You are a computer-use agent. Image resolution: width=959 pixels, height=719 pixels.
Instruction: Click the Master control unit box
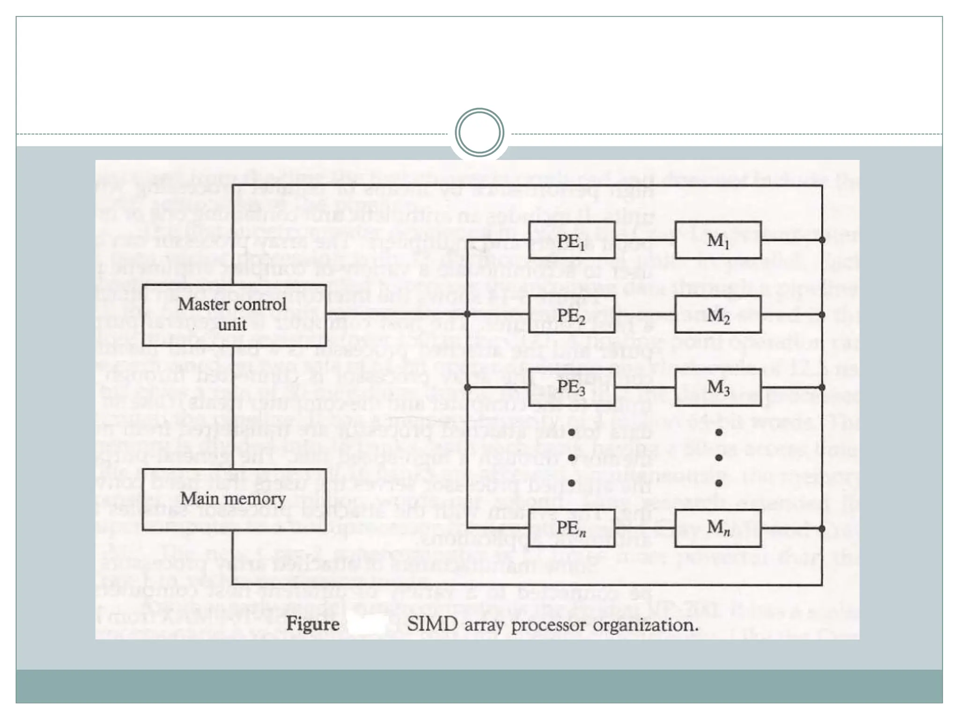point(234,315)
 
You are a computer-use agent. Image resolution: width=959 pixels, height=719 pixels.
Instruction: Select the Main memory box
point(234,499)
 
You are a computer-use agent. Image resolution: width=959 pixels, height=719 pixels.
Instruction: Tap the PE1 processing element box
point(571,240)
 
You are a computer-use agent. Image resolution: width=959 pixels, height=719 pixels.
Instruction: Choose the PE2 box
point(571,314)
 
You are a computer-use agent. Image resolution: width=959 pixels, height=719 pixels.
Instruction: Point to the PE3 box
point(571,387)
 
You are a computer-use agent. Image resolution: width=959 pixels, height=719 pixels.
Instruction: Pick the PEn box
point(571,528)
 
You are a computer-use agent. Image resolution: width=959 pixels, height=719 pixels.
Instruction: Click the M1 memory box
point(718,240)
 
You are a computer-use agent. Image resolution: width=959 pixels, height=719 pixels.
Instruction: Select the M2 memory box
point(718,314)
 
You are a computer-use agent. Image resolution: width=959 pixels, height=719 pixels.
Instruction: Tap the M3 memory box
point(718,387)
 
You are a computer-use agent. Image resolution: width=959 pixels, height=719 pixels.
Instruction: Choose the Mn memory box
point(718,528)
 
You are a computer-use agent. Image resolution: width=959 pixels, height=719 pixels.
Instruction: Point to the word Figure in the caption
point(313,624)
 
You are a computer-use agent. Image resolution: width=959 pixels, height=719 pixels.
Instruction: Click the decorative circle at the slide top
point(479,132)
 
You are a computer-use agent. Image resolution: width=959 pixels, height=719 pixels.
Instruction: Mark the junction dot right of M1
point(822,240)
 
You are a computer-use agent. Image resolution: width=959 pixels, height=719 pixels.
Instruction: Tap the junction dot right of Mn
point(822,528)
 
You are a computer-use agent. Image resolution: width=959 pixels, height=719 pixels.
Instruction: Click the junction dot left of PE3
point(467,387)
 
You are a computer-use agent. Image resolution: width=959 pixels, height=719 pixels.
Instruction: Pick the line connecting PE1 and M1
point(645,240)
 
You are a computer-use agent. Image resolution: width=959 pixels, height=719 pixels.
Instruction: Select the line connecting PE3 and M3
point(645,388)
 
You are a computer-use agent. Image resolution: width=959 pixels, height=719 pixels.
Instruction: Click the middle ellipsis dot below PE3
point(571,457)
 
